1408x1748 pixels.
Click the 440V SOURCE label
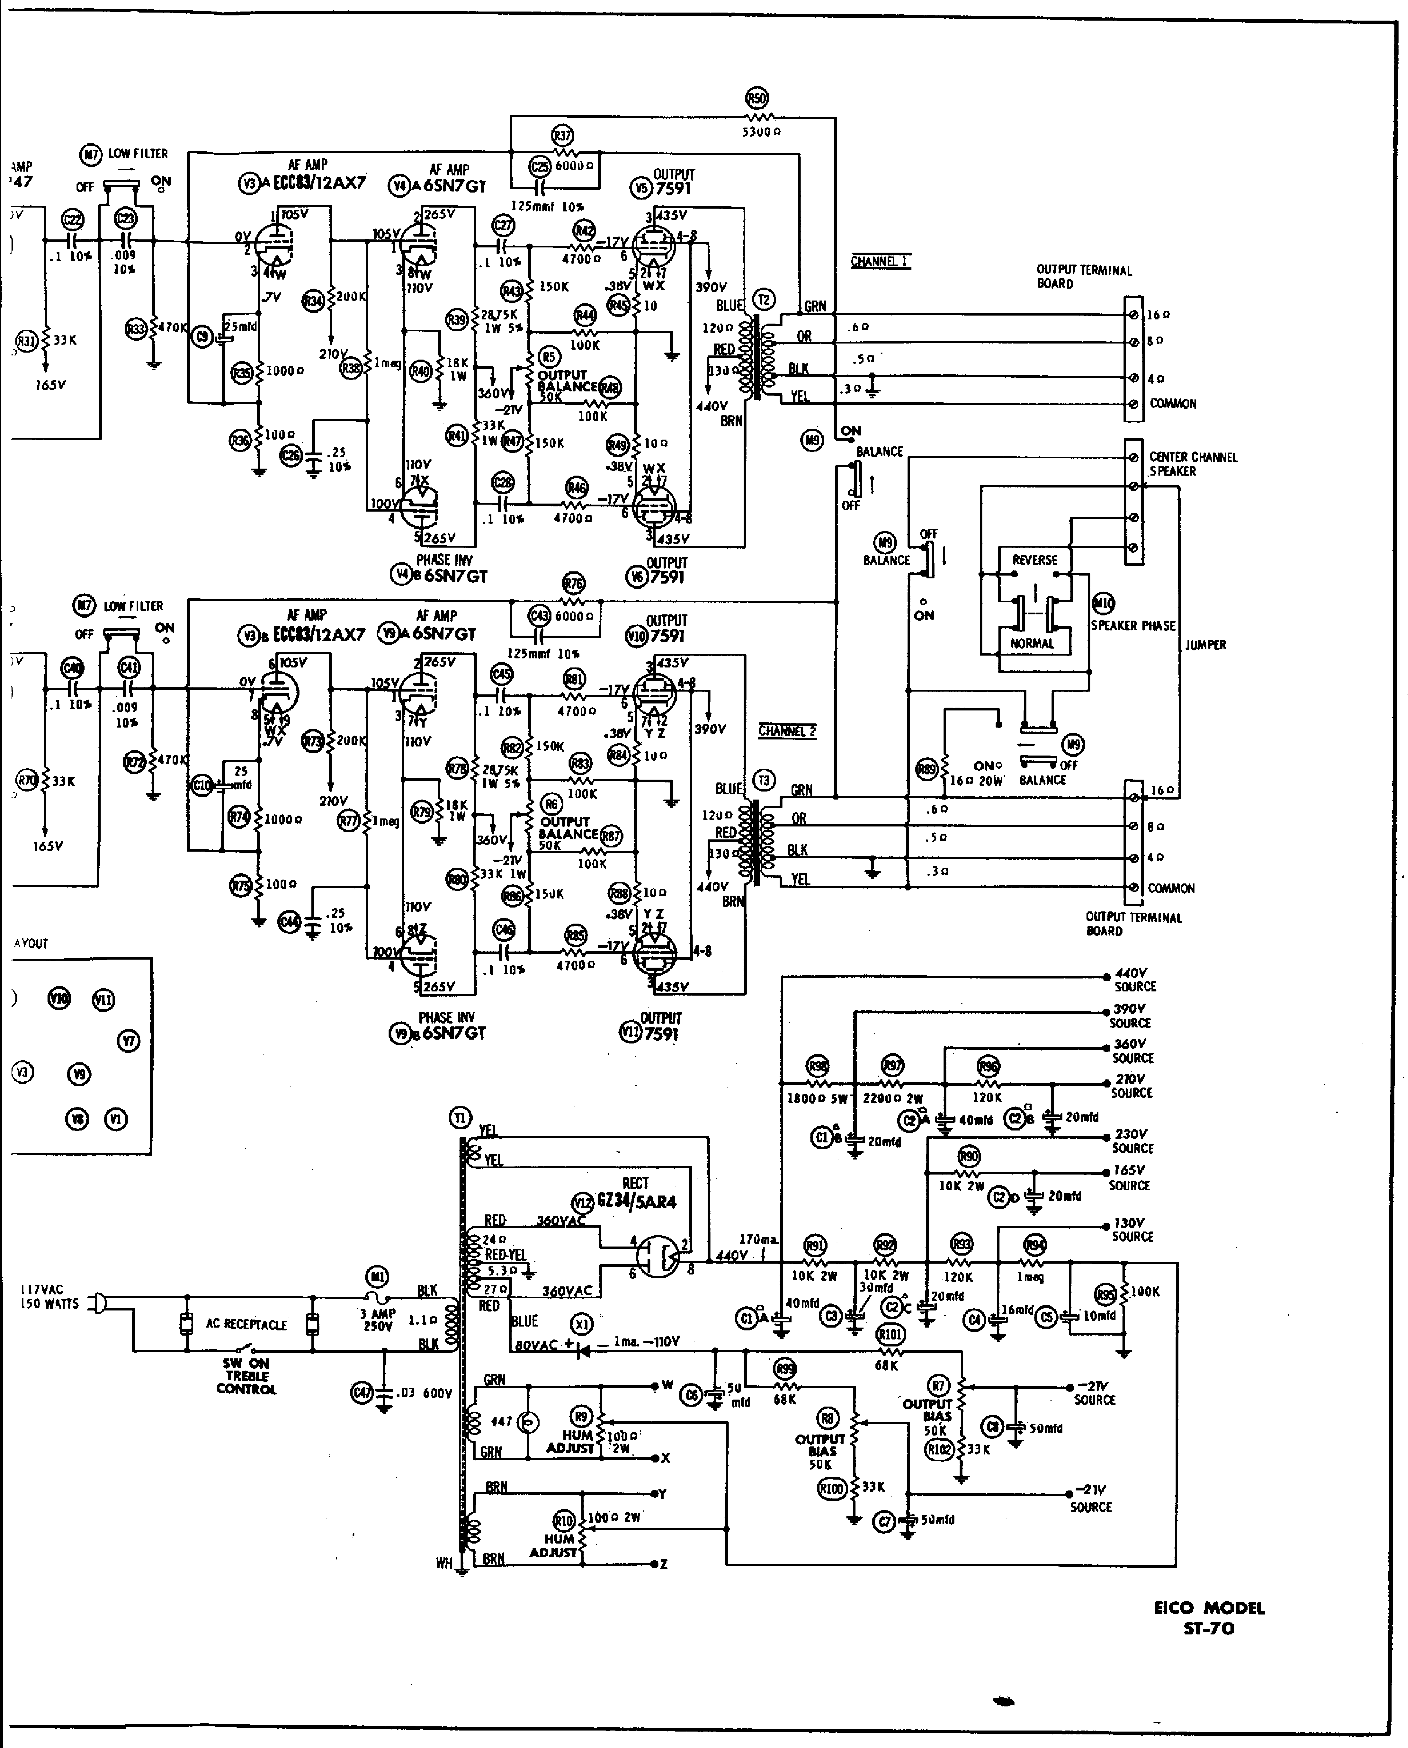1134,979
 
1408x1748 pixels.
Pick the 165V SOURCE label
1129,1178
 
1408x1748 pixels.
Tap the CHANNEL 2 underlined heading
787,731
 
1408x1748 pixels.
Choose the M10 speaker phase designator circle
1103,603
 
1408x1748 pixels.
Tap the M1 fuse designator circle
378,1276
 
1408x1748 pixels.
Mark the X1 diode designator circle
581,1324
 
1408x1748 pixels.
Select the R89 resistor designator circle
926,770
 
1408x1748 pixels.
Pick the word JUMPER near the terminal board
1205,645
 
